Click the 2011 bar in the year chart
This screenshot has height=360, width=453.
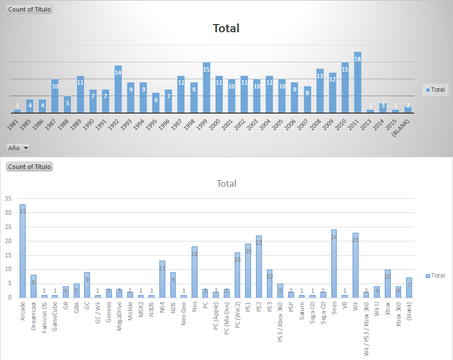click(357, 82)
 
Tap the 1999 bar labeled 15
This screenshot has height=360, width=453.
click(206, 87)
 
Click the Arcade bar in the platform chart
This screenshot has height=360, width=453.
click(23, 251)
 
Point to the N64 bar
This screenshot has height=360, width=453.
click(162, 279)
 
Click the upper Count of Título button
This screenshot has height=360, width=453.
click(29, 9)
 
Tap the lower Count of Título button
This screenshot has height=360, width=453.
click(29, 167)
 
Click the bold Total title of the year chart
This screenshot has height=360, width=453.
click(226, 28)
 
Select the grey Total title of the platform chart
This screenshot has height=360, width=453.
click(226, 184)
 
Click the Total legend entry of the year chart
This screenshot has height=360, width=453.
click(435, 90)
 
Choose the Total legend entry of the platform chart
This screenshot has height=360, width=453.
click(435, 275)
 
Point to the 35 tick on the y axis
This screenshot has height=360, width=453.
click(8, 198)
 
